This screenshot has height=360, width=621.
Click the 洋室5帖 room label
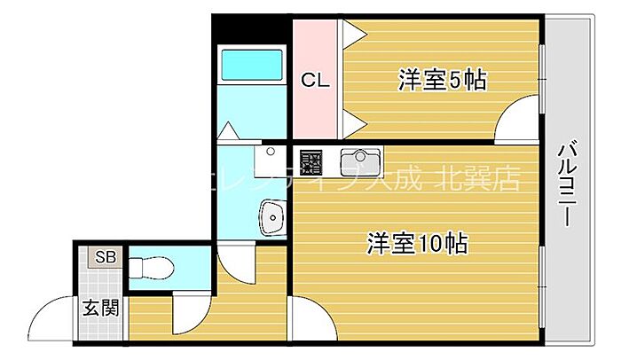441,81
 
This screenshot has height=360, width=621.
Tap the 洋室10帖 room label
418,241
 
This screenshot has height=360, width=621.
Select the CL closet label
315,81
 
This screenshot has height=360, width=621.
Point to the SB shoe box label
106,258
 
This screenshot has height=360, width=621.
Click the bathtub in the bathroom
252,65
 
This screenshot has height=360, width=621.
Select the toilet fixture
154,265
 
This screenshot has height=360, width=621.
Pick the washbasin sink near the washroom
272,215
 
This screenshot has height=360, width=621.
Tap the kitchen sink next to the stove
360,162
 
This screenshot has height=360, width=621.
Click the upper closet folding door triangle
352,35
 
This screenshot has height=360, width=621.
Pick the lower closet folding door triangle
352,120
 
